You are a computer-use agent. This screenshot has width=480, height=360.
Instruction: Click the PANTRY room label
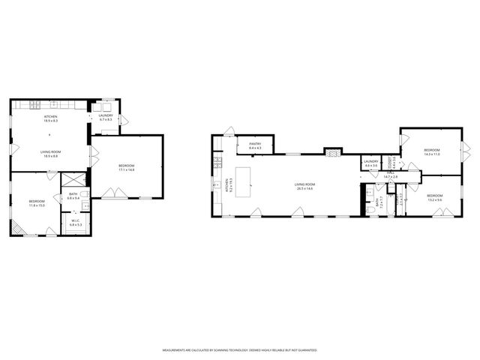coord(254,145)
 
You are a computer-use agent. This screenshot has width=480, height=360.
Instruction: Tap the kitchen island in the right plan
coord(244,178)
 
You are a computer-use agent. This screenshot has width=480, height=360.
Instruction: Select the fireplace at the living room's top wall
coord(331,151)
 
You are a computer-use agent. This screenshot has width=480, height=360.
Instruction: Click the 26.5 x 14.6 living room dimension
coord(303,188)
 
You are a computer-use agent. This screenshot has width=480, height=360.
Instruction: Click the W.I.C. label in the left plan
coord(76,222)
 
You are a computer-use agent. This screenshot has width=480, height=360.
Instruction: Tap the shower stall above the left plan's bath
coord(73,181)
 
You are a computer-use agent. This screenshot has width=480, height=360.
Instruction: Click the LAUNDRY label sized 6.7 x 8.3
coord(105,118)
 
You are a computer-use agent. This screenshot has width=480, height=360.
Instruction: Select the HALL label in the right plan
coord(391,175)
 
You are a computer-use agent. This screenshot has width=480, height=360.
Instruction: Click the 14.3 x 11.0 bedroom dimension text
coord(431,154)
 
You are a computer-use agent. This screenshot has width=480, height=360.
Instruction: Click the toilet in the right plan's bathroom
coord(372,211)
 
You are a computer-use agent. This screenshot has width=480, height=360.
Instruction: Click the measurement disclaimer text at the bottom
coord(240,349)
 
